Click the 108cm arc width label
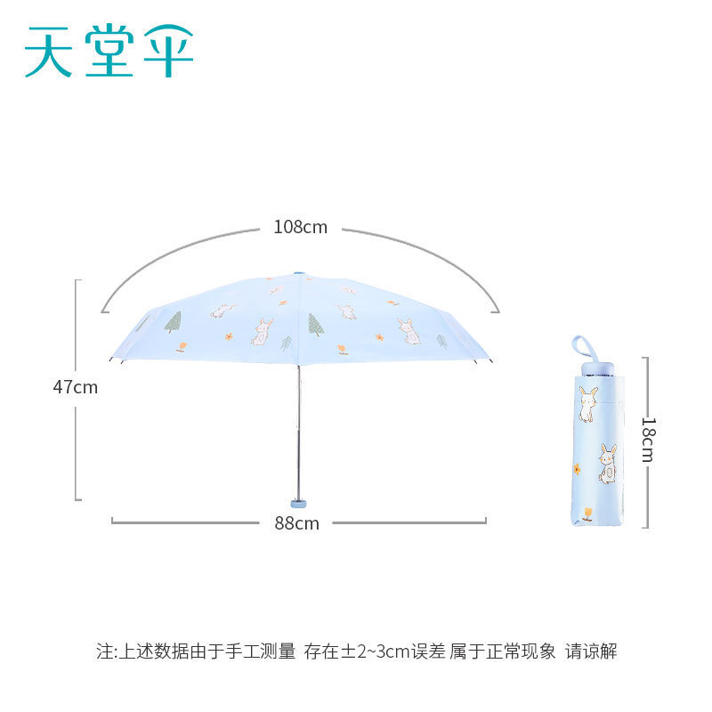(300, 227)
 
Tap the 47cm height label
(75, 387)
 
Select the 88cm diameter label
(296, 523)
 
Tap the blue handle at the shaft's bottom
(299, 500)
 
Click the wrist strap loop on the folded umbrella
(582, 346)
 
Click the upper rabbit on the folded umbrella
(587, 403)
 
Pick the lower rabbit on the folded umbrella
(607, 464)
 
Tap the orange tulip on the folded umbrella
(587, 514)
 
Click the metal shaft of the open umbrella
(299, 418)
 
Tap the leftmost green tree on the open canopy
(173, 322)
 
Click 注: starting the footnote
(106, 651)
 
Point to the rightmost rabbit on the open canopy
(409, 331)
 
